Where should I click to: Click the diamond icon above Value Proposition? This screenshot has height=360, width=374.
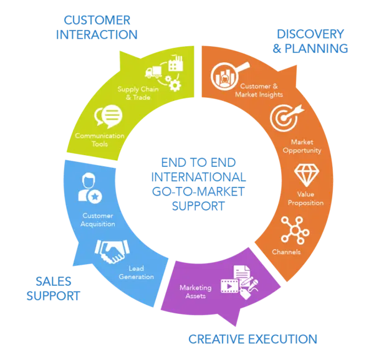pyautogui.click(x=305, y=175)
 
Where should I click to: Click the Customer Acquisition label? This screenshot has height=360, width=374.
pyautogui.click(x=98, y=219)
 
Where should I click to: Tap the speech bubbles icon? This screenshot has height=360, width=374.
pyautogui.click(x=107, y=115)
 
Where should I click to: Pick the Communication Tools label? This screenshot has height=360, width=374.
pyautogui.click(x=100, y=140)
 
